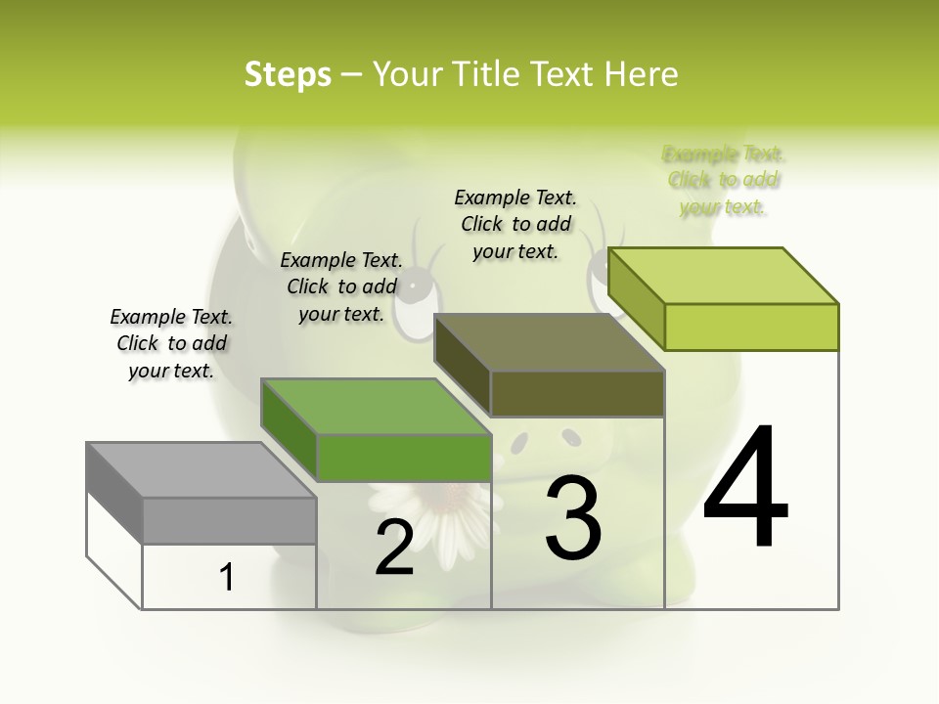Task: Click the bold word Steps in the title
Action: pos(288,74)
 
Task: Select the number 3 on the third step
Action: pos(573,518)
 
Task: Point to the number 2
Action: pos(394,548)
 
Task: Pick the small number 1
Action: pos(227,577)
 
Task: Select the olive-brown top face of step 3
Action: pos(549,342)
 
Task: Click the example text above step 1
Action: pos(171,343)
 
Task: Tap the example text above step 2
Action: pos(341,286)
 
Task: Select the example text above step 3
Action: pos(515,224)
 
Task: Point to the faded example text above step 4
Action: pos(723,180)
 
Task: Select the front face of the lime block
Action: pos(751,327)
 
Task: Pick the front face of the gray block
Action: pos(229,520)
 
